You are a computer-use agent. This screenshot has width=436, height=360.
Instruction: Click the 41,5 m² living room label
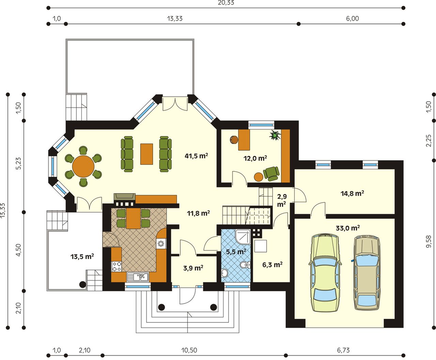click(196, 156)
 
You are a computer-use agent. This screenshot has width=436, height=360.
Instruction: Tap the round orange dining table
click(83, 166)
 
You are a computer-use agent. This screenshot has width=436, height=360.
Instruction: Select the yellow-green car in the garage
click(325, 273)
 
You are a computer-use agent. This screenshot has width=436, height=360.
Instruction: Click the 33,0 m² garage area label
click(348, 228)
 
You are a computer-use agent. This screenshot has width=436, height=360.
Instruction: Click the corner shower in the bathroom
click(243, 237)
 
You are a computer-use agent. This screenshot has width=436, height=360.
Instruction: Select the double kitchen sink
click(138, 277)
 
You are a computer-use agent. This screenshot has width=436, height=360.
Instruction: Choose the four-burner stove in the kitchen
click(116, 266)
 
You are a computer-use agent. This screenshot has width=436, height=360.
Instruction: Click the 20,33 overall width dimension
click(226, 3)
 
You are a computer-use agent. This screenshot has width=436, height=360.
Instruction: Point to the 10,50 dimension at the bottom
click(189, 350)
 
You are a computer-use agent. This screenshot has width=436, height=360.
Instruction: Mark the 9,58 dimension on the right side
click(429, 241)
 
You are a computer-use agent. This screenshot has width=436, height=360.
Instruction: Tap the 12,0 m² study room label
click(255, 158)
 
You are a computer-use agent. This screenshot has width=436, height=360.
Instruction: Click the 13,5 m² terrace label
click(82, 256)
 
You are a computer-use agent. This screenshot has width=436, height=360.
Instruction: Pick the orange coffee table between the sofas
click(146, 154)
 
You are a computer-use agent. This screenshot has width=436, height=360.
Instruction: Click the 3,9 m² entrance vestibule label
click(193, 268)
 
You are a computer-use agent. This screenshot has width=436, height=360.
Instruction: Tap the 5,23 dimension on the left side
click(18, 163)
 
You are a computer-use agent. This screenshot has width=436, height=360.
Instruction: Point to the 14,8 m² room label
click(352, 193)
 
